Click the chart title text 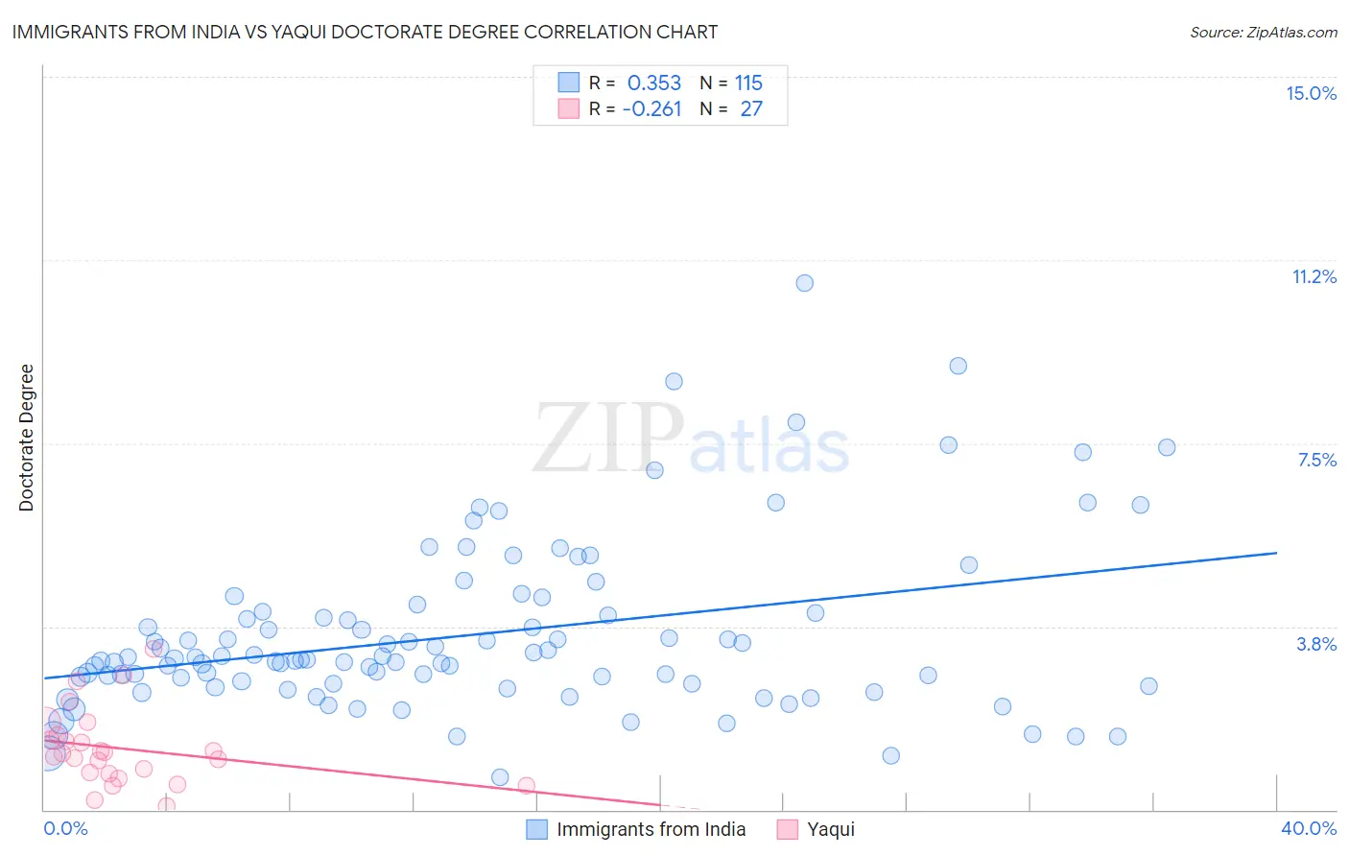364,32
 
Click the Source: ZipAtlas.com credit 1263,32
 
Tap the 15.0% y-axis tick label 1311,93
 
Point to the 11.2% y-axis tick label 1313,276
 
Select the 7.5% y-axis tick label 1316,460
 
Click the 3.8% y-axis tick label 1316,644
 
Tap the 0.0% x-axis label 65,828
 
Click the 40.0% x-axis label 1308,828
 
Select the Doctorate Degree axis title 26,438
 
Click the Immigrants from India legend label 651,829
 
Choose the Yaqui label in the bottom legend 830,829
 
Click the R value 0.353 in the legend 653,83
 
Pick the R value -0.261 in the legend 651,109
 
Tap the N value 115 748,83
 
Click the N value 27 750,109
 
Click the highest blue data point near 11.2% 804,283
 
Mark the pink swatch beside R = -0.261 569,108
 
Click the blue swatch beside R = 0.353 569,83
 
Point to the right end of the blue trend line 1276,553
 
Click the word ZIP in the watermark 608,439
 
